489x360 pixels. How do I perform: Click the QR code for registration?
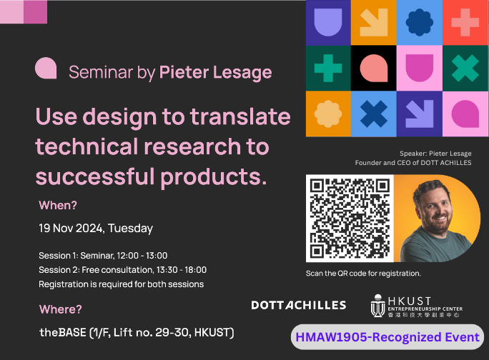click(350, 218)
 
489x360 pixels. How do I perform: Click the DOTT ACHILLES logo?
click(298, 305)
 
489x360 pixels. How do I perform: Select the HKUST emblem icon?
click(377, 306)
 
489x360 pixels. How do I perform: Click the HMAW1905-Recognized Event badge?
click(387, 337)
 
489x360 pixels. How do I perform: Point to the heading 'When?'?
click(58, 206)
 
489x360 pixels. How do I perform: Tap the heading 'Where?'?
click(61, 309)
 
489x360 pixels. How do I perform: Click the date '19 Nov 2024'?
click(71, 228)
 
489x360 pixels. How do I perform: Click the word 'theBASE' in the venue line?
click(63, 333)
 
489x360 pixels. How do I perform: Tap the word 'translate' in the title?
click(240, 116)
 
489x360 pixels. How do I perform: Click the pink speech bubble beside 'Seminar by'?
click(46, 68)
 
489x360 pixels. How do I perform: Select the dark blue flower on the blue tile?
click(420, 22)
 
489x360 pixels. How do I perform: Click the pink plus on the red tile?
click(465, 22)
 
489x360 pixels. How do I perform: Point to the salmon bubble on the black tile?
click(374, 69)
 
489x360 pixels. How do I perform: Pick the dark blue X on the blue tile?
click(374, 114)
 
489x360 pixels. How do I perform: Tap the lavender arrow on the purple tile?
click(420, 114)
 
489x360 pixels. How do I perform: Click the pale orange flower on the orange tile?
click(328, 114)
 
